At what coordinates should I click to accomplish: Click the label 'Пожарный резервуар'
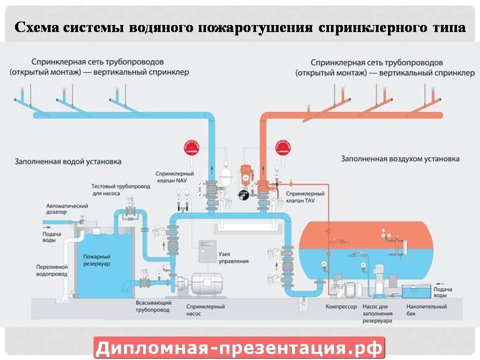[97, 259]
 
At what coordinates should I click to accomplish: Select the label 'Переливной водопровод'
[51, 270]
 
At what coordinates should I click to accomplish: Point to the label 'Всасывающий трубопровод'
[153, 306]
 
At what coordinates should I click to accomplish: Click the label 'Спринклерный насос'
[205, 309]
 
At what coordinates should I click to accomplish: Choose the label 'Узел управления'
[233, 257]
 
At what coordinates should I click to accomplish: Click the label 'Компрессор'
[341, 306]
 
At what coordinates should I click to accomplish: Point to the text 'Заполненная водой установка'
[68, 162]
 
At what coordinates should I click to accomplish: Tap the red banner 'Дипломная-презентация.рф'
[239, 347]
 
